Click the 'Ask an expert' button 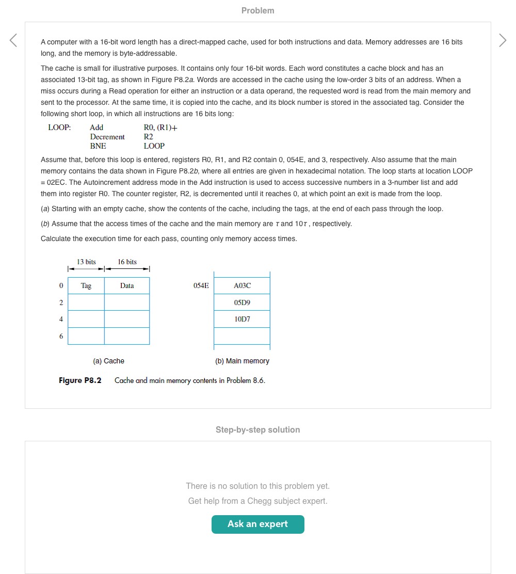(257, 524)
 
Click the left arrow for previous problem (13, 40)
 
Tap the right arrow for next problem (503, 40)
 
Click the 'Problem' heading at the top (257, 11)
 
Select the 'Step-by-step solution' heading (257, 429)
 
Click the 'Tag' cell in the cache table (86, 286)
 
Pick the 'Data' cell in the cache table (127, 286)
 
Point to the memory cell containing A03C (242, 286)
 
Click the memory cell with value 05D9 (242, 302)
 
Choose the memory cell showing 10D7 (242, 319)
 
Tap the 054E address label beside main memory (201, 286)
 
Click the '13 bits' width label (86, 262)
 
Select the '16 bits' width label (127, 262)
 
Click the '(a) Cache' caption (108, 361)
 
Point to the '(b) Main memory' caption (242, 361)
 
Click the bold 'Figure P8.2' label (80, 380)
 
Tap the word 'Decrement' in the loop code (107, 137)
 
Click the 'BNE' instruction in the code (98, 146)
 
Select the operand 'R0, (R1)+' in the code (160, 127)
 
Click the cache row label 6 (61, 336)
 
